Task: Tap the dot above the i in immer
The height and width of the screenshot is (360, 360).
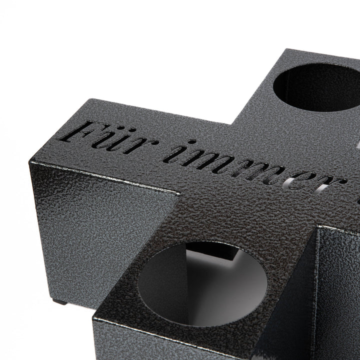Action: point(191,142)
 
